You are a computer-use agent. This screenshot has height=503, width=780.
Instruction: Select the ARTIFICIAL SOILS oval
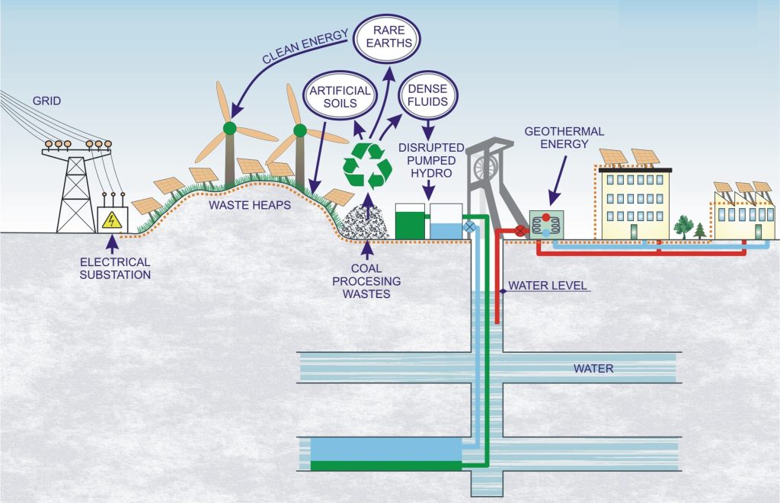[340, 96]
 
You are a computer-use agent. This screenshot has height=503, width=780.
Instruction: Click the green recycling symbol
[367, 164]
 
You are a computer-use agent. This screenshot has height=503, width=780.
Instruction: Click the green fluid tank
[410, 221]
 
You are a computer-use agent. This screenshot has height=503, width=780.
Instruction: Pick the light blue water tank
[446, 221]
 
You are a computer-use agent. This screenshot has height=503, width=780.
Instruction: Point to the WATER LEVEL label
[542, 286]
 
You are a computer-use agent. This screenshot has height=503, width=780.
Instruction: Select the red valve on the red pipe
[521, 229]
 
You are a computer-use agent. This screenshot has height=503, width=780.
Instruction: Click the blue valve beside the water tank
[469, 226]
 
